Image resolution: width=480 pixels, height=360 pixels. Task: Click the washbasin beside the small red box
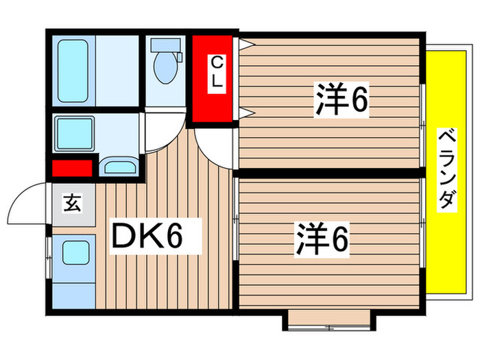pos(119,167)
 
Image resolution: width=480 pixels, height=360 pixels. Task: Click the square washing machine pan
pos(75,133)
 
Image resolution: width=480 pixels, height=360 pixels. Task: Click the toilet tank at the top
pos(165,45)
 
